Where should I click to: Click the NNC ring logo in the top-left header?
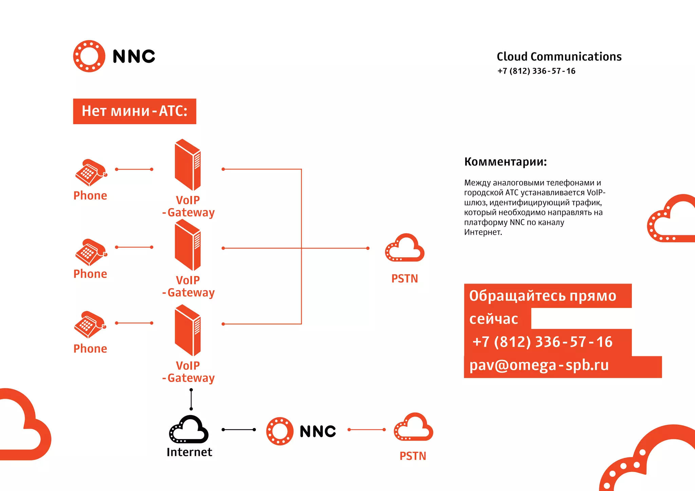click(89, 56)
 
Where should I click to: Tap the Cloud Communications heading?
click(559, 57)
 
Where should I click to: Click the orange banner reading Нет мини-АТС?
click(134, 111)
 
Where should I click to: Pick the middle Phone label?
click(90, 274)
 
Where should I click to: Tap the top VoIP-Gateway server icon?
click(188, 165)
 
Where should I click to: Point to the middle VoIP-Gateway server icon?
click(188, 245)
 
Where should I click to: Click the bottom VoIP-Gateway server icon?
click(188, 330)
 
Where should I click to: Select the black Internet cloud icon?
click(189, 430)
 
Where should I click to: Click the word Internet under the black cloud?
click(189, 452)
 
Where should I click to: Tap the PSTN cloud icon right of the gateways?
click(405, 248)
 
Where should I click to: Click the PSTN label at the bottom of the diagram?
click(413, 456)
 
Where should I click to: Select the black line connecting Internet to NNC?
click(239, 430)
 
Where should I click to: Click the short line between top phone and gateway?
click(134, 169)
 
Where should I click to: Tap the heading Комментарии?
click(505, 162)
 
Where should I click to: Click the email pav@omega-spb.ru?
click(539, 365)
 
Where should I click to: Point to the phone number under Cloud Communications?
click(536, 71)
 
